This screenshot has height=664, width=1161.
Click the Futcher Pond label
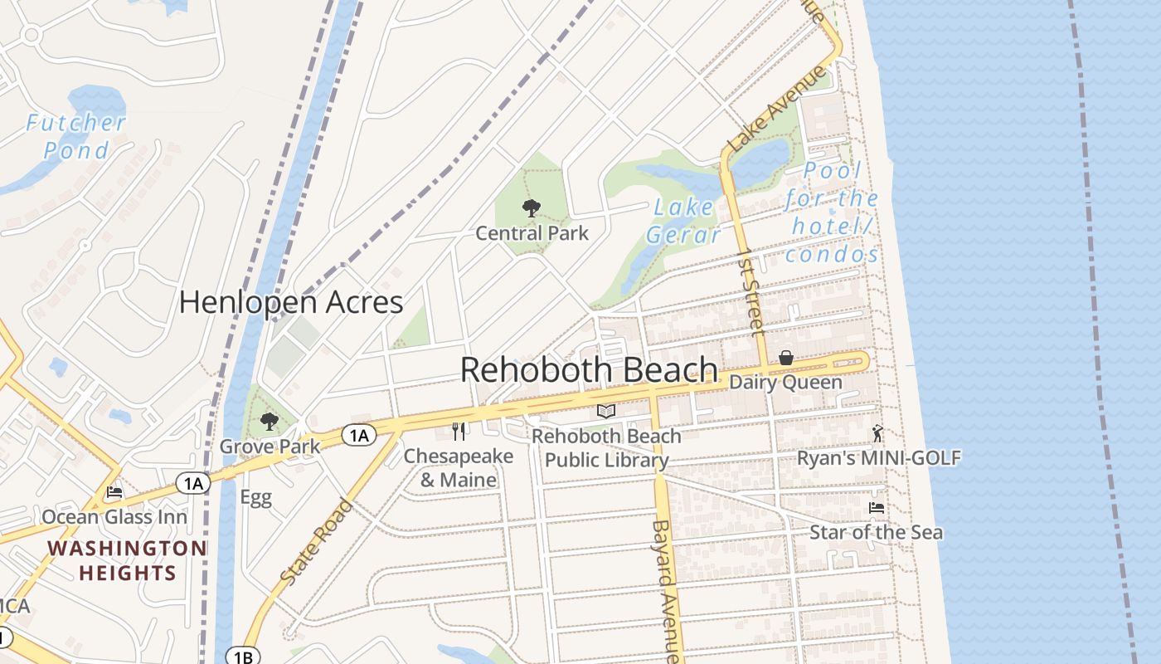coord(76,137)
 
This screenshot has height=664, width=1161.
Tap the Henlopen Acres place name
coord(291,303)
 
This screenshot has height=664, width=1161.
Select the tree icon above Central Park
coord(531,208)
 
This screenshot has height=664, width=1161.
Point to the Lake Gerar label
coord(683,221)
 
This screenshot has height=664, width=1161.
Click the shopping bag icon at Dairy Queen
coord(785,359)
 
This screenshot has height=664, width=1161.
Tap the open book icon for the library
coord(606,411)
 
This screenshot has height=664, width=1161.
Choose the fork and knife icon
coord(459,432)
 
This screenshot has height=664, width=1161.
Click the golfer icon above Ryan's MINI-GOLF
coord(878,433)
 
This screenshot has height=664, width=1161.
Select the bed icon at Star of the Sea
coord(876,508)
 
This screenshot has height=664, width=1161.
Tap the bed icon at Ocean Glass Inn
coord(114,492)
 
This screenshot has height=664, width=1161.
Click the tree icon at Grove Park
coord(269,422)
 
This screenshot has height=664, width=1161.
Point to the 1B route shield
coord(242,657)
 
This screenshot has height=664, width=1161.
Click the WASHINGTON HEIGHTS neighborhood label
coord(127,560)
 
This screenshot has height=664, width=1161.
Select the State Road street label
coord(316,541)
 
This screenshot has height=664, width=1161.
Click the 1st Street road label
coord(750,290)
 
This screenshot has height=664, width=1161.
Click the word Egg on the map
coord(255,498)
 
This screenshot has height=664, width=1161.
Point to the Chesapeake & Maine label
coord(458,468)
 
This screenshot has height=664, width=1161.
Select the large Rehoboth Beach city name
coord(589,370)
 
